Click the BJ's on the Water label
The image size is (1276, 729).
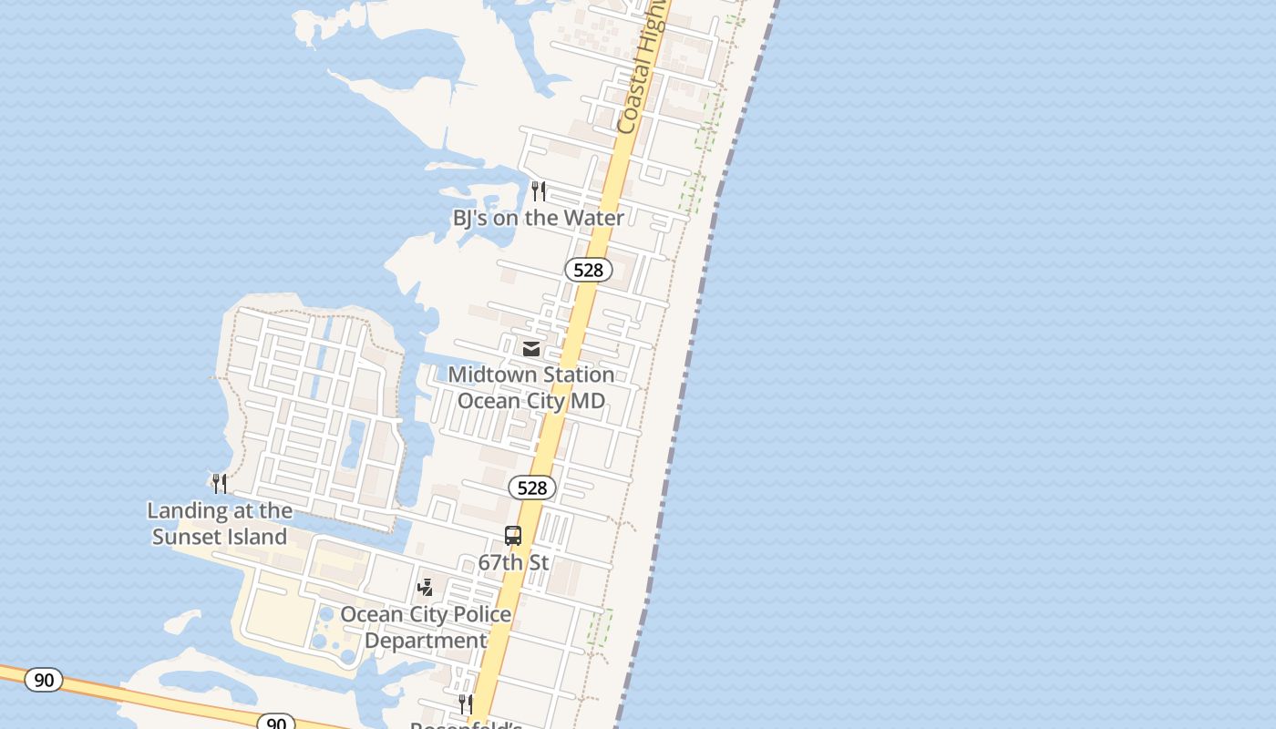[x=538, y=218]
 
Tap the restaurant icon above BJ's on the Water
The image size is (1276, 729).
[x=539, y=190]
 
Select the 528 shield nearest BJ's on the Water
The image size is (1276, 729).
[x=588, y=270]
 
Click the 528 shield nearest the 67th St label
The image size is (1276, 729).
[x=531, y=488]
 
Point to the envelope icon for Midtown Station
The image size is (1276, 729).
[x=530, y=348]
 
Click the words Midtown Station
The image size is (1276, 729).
[x=530, y=375]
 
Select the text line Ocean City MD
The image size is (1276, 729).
[x=530, y=400]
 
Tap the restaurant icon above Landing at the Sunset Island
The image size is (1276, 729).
[x=220, y=483]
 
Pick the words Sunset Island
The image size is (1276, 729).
[x=220, y=537]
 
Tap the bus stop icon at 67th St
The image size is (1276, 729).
[x=513, y=536]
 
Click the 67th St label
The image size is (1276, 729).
[x=513, y=562]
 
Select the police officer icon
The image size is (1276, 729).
[x=426, y=588]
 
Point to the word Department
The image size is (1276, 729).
[x=426, y=641]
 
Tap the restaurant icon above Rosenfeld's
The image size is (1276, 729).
[x=466, y=703]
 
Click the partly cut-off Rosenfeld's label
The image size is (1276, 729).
[x=466, y=724]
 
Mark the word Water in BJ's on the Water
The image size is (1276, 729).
[x=593, y=218]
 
